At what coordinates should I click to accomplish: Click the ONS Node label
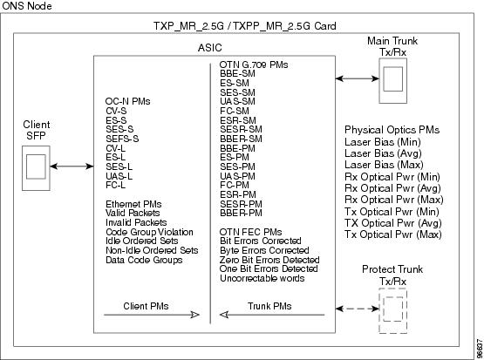[27, 5]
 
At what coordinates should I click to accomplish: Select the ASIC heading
[210, 48]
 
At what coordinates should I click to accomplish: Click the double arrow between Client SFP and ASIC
[72, 166]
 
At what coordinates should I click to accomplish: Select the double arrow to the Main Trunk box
[358, 78]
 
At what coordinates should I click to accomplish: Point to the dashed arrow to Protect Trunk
[358, 309]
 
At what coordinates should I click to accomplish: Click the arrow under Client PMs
[152, 315]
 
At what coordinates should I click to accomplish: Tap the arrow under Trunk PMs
[272, 315]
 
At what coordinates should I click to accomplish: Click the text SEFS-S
[122, 139]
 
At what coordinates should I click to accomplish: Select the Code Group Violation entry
[149, 232]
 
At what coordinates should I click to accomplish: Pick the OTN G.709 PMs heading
[254, 65]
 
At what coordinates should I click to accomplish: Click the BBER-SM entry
[241, 139]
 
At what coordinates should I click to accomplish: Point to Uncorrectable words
[262, 278]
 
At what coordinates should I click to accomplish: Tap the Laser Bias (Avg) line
[383, 153]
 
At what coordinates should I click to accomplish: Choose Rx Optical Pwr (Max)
[394, 200]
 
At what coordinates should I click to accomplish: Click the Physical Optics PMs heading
[392, 130]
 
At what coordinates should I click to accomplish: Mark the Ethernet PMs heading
[133, 204]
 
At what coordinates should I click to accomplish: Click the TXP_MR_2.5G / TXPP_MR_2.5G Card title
[245, 26]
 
